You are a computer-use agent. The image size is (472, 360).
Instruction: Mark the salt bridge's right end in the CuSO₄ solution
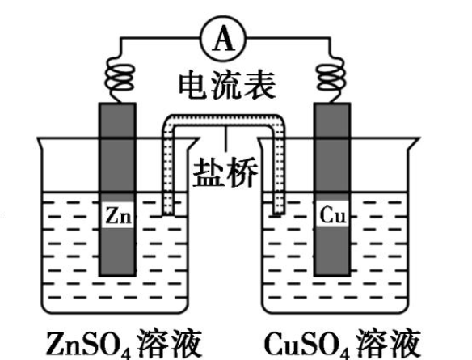click(277, 212)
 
